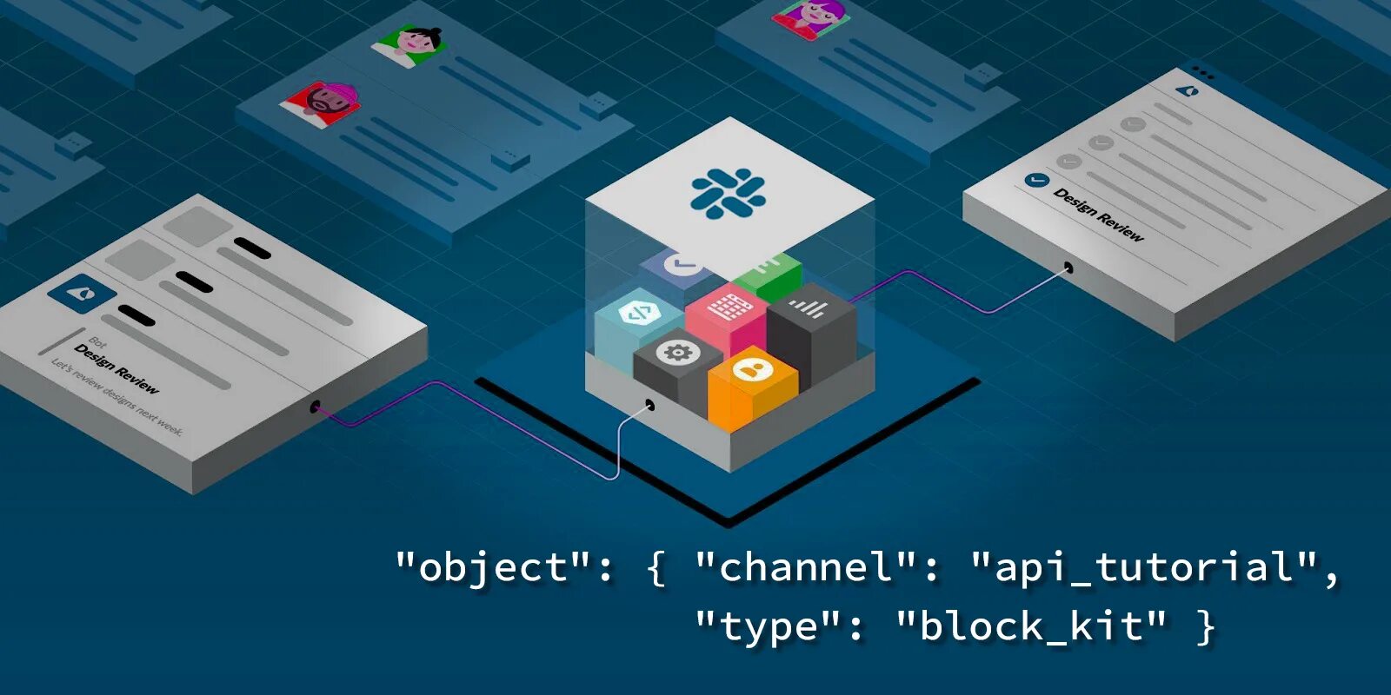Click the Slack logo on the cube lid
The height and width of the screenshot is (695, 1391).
pos(728,193)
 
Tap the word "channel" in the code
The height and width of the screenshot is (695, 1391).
pos(806,567)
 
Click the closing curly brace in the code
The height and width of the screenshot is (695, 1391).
pos(1205,626)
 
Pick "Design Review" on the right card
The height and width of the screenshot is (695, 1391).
pos(1099,214)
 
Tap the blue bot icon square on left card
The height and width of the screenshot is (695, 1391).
pos(82,292)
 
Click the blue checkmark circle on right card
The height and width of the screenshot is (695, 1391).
pos(1036,180)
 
